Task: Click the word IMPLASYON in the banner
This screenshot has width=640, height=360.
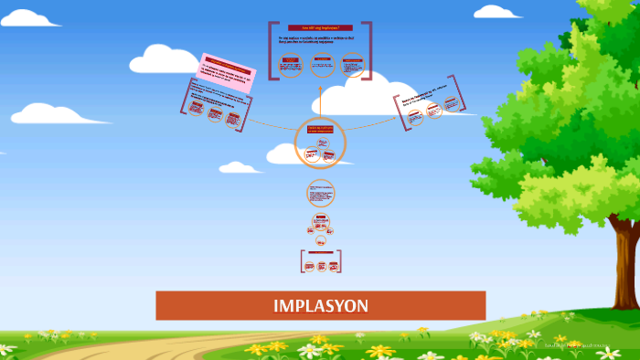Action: pyautogui.click(x=320, y=305)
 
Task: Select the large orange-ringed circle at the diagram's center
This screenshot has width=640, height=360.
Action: pyautogui.click(x=320, y=143)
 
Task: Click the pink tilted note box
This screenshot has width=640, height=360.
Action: pyautogui.click(x=225, y=69)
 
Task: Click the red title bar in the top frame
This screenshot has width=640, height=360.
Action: pyautogui.click(x=320, y=28)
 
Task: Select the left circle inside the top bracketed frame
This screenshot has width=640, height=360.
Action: pyautogui.click(x=290, y=65)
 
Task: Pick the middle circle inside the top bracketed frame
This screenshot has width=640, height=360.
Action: pyautogui.click(x=321, y=65)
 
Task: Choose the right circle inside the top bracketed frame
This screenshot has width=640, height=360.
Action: pyautogui.click(x=352, y=65)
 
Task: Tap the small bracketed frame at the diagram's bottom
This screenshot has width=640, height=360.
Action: pyautogui.click(x=320, y=262)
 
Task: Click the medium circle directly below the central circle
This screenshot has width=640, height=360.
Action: pyautogui.click(x=320, y=194)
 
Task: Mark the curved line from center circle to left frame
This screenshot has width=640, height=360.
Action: pyautogui.click(x=270, y=124)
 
